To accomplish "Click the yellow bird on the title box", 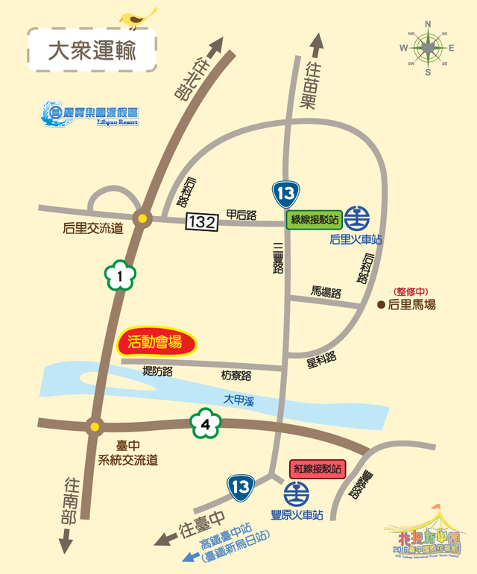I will pos(139,16).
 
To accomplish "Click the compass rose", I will pos(428,47).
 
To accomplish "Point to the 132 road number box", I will pos(203,221).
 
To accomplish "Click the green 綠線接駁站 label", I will pos(315,219).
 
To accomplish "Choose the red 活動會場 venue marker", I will pos(156,344).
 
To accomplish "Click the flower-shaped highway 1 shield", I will pos(119,277).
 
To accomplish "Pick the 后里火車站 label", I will pos(356,240).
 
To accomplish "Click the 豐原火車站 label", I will pos(297,514).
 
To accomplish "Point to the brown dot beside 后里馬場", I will pos(382,305).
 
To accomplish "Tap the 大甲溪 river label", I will pos(239,400).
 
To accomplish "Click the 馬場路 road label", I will pos(326,292).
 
